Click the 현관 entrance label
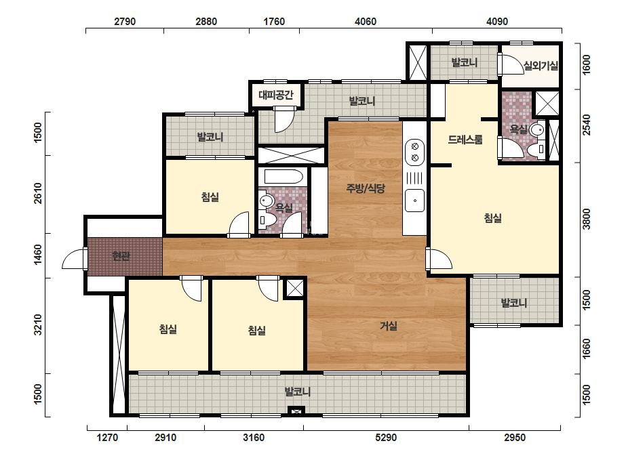121,255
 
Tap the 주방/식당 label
366,188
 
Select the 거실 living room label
388,326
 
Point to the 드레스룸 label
465,140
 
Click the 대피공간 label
276,95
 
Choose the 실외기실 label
541,66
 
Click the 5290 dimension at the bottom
386,438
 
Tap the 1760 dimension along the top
274,21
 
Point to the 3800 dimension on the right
586,219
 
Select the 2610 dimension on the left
38,193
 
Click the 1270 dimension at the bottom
107,438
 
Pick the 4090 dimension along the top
497,21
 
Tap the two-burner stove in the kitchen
415,152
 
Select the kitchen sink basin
415,201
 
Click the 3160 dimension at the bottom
254,438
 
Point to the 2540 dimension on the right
586,125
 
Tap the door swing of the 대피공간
284,119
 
